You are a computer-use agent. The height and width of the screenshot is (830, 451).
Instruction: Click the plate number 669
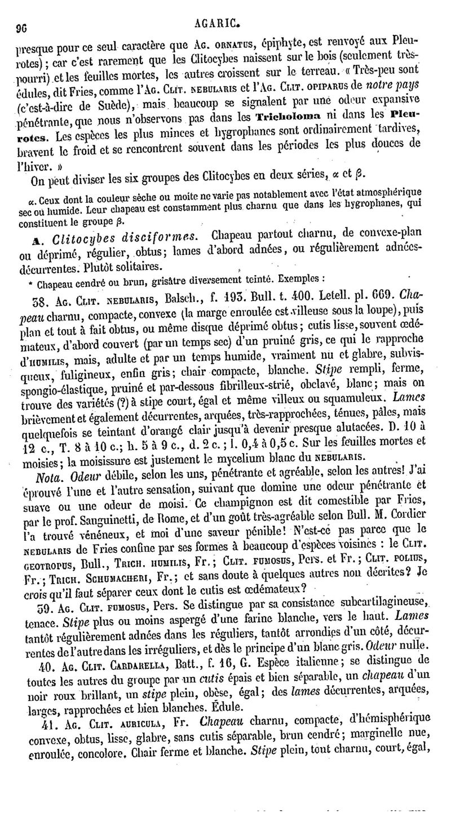364,295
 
